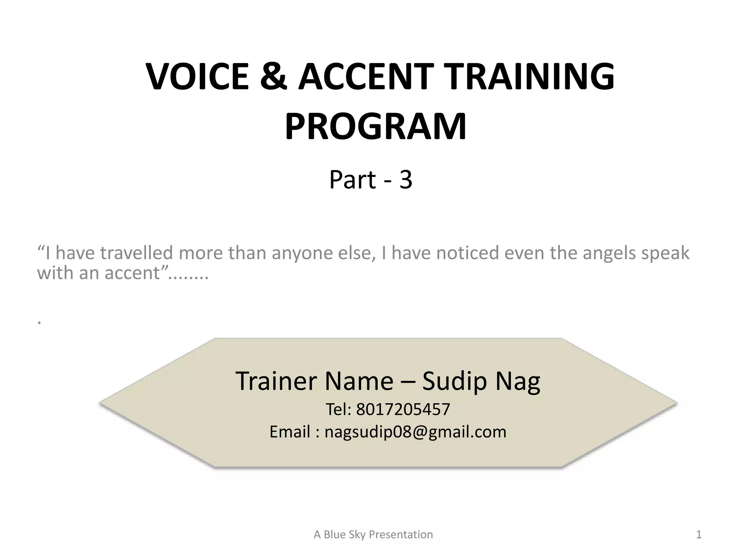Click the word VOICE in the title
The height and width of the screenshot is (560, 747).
coord(197,77)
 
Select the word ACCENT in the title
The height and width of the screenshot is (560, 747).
coord(366,77)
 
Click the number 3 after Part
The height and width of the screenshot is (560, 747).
coord(406,180)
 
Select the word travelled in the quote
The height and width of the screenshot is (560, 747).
coord(136,253)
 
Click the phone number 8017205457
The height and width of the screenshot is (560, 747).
coord(403,409)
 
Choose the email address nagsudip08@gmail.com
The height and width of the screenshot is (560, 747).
coord(415,432)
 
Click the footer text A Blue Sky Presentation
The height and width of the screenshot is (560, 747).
coord(373,534)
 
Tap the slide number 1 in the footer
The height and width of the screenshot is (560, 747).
coord(698,534)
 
